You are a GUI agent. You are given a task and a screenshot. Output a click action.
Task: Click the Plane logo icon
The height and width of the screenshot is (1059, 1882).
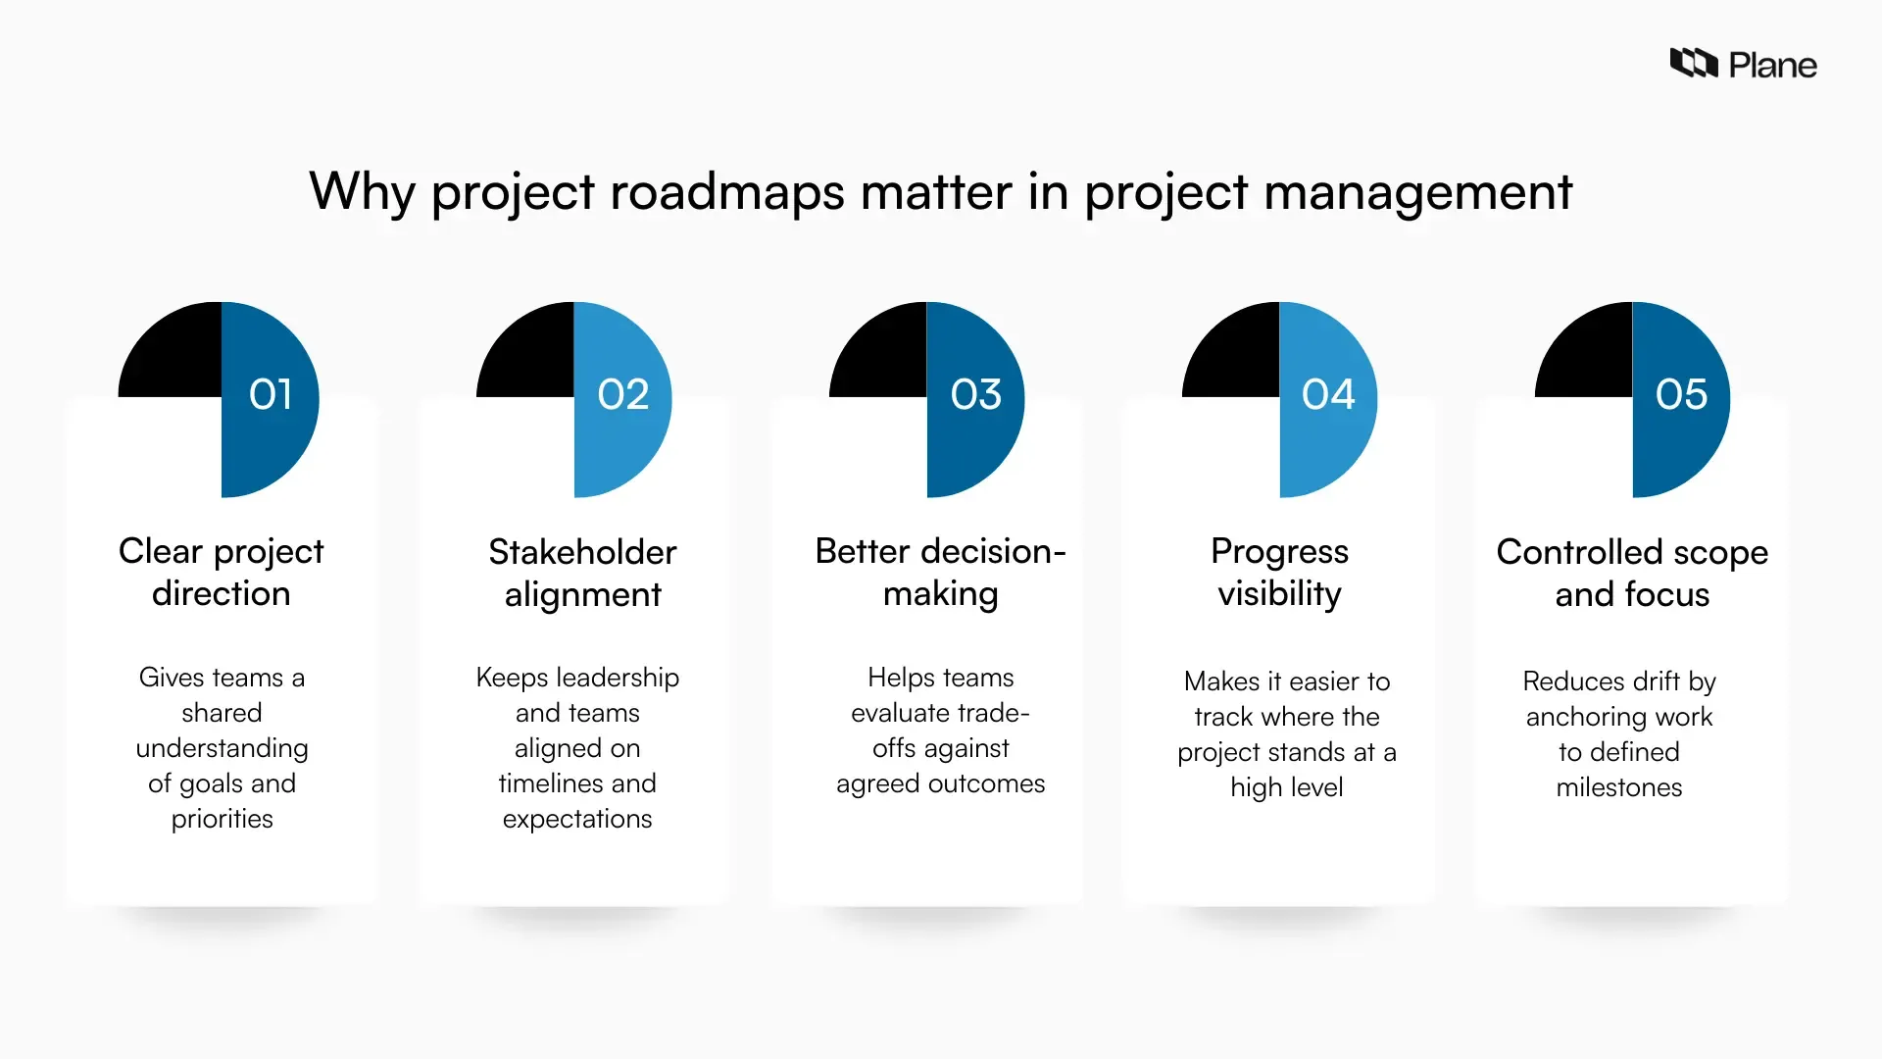pos(1694,64)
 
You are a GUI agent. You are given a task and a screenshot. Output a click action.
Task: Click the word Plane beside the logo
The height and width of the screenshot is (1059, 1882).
pos(1772,66)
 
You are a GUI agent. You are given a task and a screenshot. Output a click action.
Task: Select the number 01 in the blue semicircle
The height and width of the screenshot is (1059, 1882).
pos(271,394)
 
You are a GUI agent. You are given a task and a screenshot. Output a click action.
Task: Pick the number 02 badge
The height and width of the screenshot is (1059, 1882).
pos(623,394)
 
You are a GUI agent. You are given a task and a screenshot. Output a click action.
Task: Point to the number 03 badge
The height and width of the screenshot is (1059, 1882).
pos(976,394)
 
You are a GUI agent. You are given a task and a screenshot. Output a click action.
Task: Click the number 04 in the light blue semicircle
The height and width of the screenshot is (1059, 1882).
pos(1328,394)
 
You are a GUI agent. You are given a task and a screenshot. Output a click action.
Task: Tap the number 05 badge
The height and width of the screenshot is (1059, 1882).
pos(1681,394)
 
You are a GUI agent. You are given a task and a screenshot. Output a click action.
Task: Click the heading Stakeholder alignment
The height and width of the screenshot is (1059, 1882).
pos(582,573)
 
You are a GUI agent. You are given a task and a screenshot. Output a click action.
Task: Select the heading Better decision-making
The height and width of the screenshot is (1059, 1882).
pos(940,572)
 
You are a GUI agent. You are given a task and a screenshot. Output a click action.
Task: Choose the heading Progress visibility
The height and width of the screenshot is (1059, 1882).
pos(1279,572)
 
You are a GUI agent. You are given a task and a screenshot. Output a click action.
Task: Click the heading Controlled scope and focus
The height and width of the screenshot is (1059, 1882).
pos(1632,573)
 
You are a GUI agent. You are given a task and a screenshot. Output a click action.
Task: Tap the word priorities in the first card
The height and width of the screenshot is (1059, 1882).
pos(223,819)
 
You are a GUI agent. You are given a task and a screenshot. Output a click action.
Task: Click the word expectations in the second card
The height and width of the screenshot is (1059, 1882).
pos(577,819)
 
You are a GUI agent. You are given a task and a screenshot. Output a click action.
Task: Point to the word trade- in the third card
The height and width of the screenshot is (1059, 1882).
pos(993,713)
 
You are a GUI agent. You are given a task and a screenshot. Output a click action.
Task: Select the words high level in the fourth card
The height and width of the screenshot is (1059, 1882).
pos(1286,787)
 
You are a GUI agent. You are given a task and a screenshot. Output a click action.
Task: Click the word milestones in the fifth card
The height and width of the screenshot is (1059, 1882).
pos(1619,787)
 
